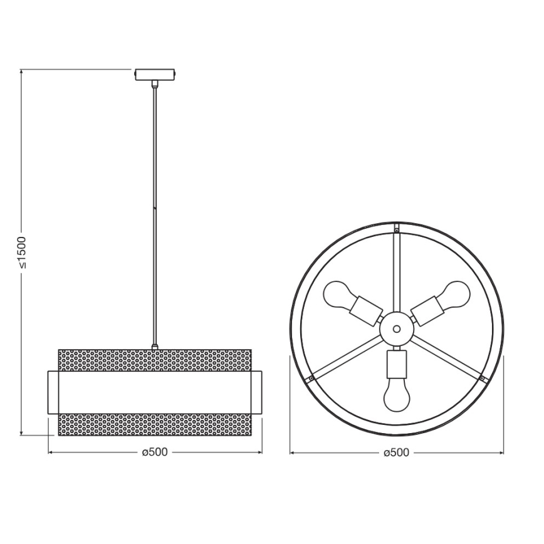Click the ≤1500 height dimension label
tap(21, 251)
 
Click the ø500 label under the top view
tap(395, 452)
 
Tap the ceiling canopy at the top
tap(155, 74)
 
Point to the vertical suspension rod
tap(155, 213)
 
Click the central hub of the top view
tap(396, 327)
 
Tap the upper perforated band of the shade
tap(155, 360)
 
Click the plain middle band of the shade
tap(155, 392)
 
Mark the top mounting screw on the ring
tap(396, 228)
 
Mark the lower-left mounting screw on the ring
tap(310, 379)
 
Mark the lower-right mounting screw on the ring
tap(481, 379)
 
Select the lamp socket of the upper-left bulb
tap(365, 308)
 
